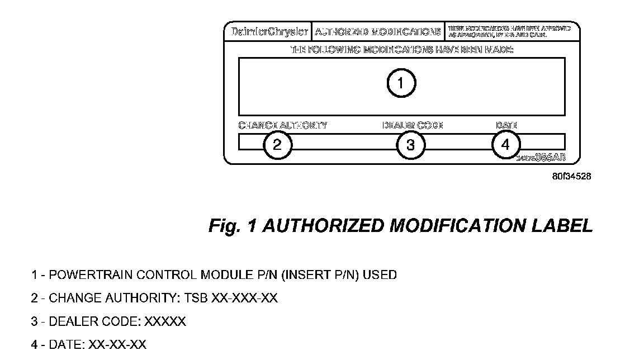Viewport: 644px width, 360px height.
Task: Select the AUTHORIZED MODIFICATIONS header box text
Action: click(x=377, y=31)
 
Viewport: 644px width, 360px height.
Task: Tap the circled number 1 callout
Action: click(x=401, y=83)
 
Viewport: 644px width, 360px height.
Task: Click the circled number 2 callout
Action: click(x=277, y=145)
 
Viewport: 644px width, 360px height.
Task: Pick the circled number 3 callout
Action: click(x=410, y=145)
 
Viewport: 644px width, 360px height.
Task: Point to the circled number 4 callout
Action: click(x=505, y=144)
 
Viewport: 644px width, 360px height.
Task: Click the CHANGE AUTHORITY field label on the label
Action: click(x=283, y=125)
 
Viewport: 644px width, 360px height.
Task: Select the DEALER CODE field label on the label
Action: click(x=413, y=125)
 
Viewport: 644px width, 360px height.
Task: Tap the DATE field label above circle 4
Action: click(x=506, y=125)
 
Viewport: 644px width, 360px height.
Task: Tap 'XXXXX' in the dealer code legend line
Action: click(x=165, y=322)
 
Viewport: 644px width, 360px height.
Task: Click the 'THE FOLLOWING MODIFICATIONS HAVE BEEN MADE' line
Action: click(x=401, y=50)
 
